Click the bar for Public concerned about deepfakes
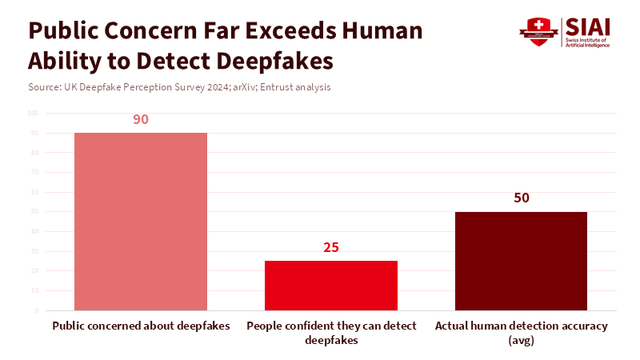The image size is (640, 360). [141, 222]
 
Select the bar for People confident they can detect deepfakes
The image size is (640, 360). [331, 286]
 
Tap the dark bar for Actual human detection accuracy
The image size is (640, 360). [521, 261]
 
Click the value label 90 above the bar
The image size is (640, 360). [141, 119]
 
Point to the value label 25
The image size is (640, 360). [331, 247]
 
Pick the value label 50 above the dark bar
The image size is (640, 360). [521, 198]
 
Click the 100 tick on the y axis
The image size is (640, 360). [34, 113]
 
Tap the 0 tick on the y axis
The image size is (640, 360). [37, 310]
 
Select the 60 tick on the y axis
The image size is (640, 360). [35, 192]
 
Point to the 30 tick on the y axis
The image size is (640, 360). [35, 251]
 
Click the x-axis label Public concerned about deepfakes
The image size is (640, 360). [141, 326]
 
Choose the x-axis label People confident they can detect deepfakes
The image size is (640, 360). [331, 332]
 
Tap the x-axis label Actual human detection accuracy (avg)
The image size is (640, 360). [521, 332]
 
